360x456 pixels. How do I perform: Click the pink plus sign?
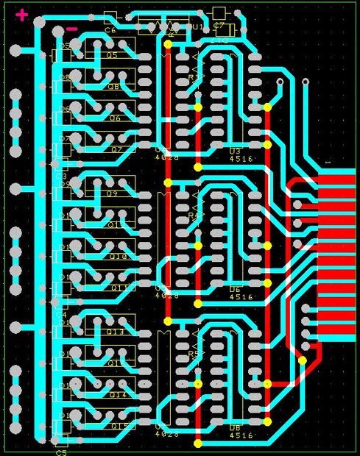point(23,14)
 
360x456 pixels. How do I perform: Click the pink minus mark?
point(72,29)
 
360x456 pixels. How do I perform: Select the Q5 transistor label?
point(112,56)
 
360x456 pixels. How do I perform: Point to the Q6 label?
point(115,118)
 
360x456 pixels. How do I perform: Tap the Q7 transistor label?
point(116,149)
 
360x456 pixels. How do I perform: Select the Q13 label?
point(115,332)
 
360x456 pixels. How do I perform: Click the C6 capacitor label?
point(110,31)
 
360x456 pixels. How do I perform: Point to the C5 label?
point(60,453)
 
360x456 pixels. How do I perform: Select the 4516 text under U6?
point(241,297)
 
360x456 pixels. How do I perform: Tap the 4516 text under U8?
point(241,435)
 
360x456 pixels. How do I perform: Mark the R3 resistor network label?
point(194,77)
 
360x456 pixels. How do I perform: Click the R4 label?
point(194,216)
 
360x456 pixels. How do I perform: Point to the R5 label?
point(194,354)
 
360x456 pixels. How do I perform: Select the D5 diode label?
point(65,46)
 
